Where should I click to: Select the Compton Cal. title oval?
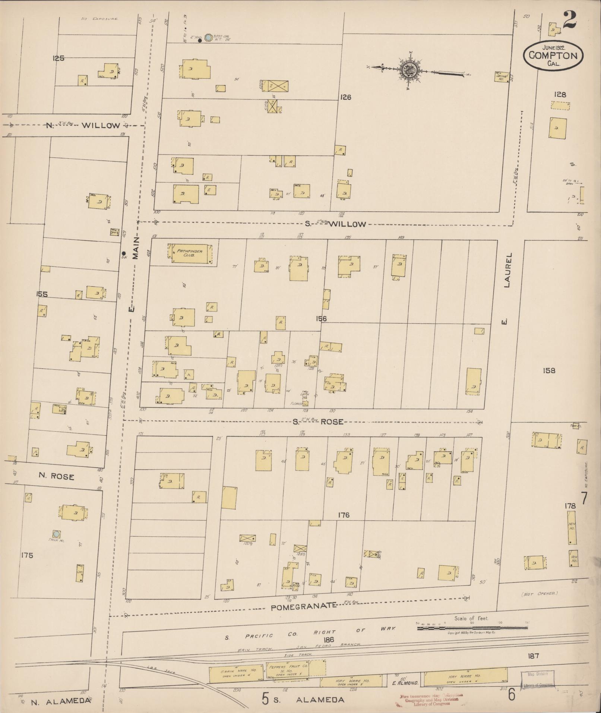[553, 55]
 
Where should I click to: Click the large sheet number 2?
[570, 20]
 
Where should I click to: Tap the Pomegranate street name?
[303, 608]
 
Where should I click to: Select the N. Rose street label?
[56, 477]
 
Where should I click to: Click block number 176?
[343, 515]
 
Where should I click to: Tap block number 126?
[345, 97]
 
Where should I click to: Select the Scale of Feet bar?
[472, 628]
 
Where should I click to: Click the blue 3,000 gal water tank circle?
[208, 37]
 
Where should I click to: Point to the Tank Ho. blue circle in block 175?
[56, 534]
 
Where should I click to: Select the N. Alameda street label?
[60, 701]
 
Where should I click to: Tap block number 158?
[549, 370]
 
